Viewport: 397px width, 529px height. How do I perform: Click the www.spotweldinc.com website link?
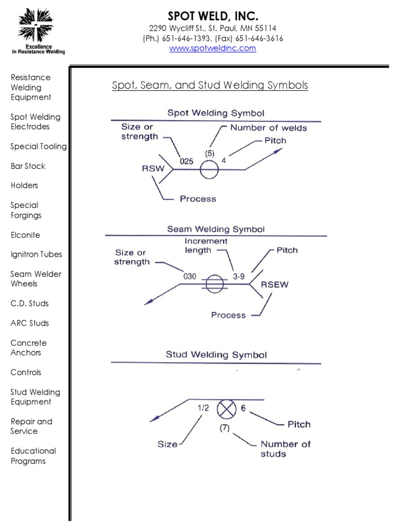[x=213, y=48]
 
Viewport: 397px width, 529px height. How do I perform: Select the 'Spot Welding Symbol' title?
[x=216, y=112]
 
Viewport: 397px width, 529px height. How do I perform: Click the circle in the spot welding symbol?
[x=209, y=169]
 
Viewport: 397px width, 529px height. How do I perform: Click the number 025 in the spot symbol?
[x=186, y=161]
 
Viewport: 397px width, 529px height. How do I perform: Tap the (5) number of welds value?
[x=209, y=153]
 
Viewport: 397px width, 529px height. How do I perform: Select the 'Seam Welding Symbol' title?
[x=216, y=229]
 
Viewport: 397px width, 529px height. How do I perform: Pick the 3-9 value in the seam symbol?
[x=239, y=276]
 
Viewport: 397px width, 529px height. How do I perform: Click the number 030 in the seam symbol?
[x=190, y=276]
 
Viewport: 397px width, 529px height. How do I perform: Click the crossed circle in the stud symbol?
[x=225, y=409]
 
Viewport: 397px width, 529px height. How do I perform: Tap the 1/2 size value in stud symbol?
[x=203, y=408]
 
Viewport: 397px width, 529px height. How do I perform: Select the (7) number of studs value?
[x=224, y=428]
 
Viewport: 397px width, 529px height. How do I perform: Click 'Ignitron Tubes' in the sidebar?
[x=36, y=254]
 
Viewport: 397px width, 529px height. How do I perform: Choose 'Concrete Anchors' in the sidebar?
[x=28, y=348]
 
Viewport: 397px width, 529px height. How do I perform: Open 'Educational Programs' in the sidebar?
[x=33, y=456]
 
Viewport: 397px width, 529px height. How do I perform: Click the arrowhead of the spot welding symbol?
[x=280, y=150]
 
